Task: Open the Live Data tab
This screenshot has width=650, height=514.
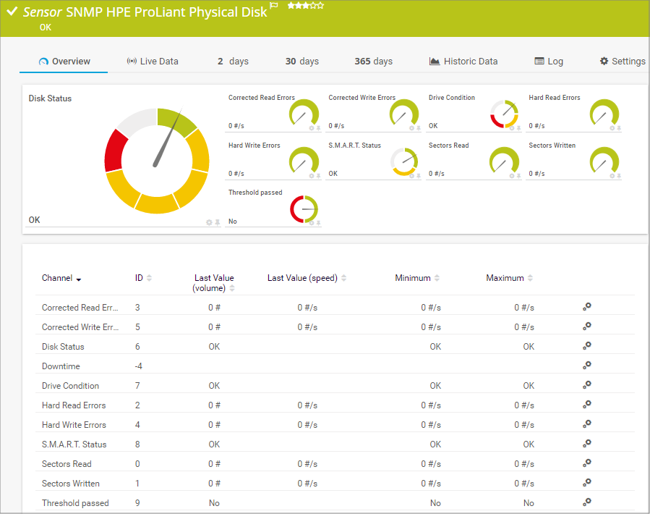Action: (153, 62)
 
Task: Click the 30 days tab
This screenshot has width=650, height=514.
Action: (302, 62)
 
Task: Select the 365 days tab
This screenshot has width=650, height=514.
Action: (373, 62)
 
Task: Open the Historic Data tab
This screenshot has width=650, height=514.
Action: (463, 62)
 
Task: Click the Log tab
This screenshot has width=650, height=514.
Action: (549, 62)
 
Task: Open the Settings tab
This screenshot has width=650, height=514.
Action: (623, 62)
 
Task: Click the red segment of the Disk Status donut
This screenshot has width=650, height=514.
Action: (116, 150)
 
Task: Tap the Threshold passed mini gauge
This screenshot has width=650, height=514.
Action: (304, 209)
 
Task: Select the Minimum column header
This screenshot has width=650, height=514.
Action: (413, 278)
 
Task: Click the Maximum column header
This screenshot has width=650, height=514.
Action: (505, 278)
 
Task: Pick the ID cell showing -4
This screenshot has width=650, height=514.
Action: (138, 366)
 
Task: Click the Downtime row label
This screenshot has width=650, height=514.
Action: (61, 366)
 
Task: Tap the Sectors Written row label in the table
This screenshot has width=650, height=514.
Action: (71, 484)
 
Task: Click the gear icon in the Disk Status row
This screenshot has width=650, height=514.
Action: (587, 346)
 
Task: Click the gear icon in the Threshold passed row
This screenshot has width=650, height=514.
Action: (587, 502)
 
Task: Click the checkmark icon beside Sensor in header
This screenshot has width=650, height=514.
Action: (12, 12)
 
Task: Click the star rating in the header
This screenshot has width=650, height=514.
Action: (305, 6)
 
